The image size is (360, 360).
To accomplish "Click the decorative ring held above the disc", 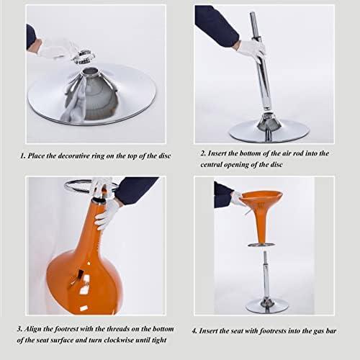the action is click(84, 57).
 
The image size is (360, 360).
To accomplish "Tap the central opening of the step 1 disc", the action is click(91, 71).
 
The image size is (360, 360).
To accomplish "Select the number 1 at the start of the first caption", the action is click(22, 156).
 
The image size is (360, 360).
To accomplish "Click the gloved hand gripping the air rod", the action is click(252, 51).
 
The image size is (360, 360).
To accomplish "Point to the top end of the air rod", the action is click(252, 14).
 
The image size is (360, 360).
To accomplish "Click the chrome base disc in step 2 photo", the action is click(269, 131).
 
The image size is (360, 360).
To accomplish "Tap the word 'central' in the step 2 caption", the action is click(211, 165).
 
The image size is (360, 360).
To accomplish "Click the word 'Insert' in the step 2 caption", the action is click(217, 153).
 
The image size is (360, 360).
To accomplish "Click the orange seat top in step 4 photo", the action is click(261, 197).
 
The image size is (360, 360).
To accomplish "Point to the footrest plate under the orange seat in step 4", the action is click(261, 245).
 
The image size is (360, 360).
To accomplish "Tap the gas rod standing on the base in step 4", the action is click(266, 276).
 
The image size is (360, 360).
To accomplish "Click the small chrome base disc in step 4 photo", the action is click(267, 307).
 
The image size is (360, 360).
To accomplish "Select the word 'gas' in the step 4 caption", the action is click(318, 331).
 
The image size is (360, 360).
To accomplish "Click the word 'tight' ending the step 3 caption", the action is click(159, 340).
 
